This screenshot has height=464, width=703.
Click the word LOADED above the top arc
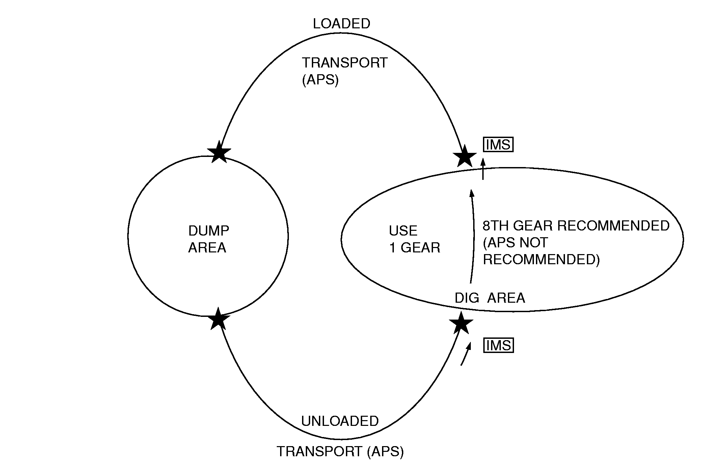342,24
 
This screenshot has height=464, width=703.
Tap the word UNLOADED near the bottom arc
340,421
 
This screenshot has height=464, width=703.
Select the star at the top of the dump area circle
219,152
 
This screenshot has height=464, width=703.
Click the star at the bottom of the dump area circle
218,319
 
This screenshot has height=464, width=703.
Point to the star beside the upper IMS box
464,156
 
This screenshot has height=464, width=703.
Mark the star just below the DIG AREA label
461,323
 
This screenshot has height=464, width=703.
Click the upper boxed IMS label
498,145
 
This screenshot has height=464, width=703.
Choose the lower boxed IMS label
498,346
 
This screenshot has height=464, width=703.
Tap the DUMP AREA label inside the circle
208,239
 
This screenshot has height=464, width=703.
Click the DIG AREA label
490,298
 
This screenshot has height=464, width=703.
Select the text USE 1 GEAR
414,239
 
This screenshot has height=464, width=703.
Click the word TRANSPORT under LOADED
345,63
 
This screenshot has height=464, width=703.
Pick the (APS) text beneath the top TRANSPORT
320,80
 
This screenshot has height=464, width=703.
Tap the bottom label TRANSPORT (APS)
340,451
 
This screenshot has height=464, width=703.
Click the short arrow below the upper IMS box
483,169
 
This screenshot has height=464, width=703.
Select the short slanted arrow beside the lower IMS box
465,354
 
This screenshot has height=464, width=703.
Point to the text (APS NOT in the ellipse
515,243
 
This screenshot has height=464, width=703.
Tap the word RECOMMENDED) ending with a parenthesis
541,260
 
